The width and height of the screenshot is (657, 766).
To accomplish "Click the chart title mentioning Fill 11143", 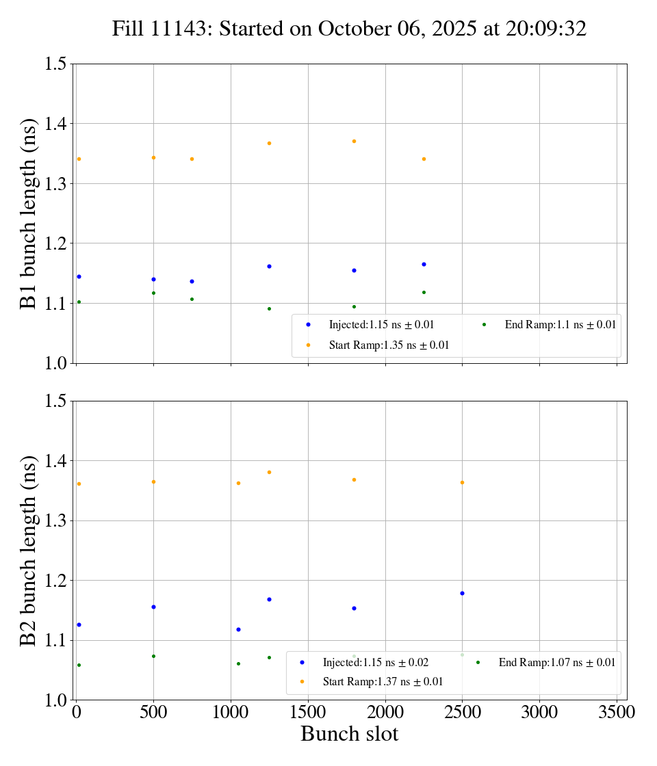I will click(349, 29).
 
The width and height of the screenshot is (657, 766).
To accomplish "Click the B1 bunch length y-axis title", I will click(29, 213).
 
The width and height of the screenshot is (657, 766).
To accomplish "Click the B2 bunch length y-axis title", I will click(29, 550).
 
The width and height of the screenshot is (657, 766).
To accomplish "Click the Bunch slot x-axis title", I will click(349, 735).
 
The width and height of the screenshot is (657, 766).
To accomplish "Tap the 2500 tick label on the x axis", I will click(462, 713).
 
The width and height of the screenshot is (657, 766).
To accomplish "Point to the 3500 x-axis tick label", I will click(617, 713).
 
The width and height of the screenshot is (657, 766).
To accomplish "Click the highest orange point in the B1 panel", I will click(354, 141).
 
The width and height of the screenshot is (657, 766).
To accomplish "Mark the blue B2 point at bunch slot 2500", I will click(462, 593).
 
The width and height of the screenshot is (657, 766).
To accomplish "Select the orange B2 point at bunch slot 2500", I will click(462, 482).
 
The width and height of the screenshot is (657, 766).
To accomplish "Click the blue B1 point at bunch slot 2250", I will click(424, 264).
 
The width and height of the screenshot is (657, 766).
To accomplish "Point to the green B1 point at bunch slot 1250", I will click(269, 308).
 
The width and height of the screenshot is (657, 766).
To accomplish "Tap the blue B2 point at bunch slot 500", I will click(153, 607).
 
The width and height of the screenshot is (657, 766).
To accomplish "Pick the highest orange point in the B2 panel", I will click(269, 472).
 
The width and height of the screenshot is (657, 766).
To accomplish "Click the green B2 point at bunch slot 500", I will click(153, 656).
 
